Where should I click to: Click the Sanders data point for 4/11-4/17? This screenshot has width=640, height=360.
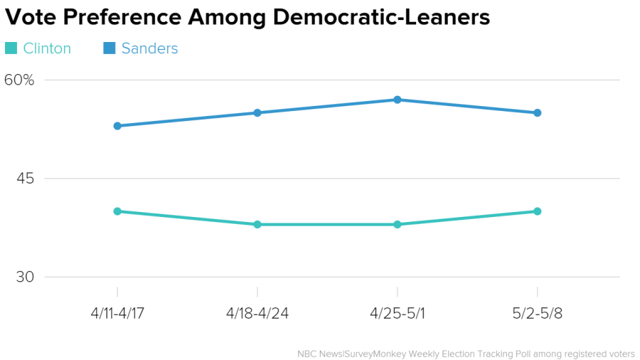[x=117, y=126]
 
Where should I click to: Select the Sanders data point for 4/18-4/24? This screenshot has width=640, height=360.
[x=257, y=112]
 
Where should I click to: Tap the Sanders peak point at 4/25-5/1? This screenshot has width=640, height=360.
[x=398, y=100]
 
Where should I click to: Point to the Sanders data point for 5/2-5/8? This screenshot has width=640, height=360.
[x=538, y=112]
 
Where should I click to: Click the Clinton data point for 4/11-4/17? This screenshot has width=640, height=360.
[x=117, y=211]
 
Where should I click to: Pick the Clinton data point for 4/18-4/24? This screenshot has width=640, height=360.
[x=257, y=224]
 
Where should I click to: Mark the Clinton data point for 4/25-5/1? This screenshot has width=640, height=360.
[x=398, y=224]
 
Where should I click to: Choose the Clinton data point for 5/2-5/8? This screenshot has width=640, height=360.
[x=538, y=211]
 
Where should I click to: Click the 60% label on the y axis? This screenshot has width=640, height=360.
[x=19, y=80]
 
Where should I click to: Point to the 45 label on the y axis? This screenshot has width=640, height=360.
[x=26, y=179]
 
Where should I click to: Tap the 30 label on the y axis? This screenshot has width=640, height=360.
[x=26, y=277]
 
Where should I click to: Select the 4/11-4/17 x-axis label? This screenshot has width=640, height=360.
[x=117, y=314]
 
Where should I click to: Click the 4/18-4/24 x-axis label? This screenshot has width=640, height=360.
[x=257, y=314]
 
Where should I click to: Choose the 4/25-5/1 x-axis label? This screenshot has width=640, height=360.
[x=398, y=314]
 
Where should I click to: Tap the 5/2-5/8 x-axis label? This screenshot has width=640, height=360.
[x=538, y=314]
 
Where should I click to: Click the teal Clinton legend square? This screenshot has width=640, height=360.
[x=11, y=48]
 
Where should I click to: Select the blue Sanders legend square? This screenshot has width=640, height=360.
[x=110, y=48]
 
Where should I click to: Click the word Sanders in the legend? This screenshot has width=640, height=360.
[x=149, y=48]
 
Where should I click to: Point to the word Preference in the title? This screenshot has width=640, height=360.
[x=125, y=17]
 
